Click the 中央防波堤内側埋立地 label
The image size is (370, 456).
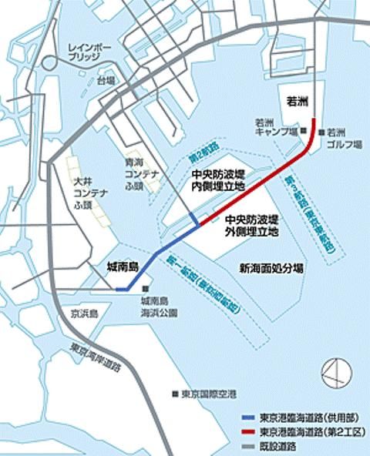[x=217, y=180]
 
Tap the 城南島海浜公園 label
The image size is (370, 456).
[x=159, y=307]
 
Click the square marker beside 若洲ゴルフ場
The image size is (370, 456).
[x=320, y=132]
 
